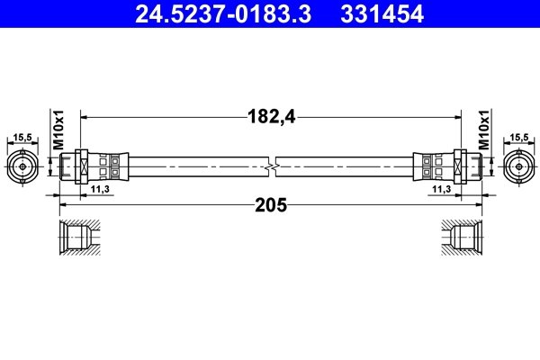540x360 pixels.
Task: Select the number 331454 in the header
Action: (382, 13)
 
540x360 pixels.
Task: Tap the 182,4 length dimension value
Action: (270, 115)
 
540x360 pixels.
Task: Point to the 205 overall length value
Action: (270, 205)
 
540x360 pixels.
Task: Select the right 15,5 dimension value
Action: (519, 138)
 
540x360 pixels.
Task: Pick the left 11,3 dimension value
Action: (101, 190)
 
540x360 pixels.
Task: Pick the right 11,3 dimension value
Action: (440, 190)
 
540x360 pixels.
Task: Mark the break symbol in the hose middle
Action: (271, 166)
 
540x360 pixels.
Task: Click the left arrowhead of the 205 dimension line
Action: (63, 205)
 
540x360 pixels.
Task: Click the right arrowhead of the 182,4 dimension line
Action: (456, 115)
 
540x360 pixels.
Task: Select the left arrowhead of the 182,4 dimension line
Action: (85, 115)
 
